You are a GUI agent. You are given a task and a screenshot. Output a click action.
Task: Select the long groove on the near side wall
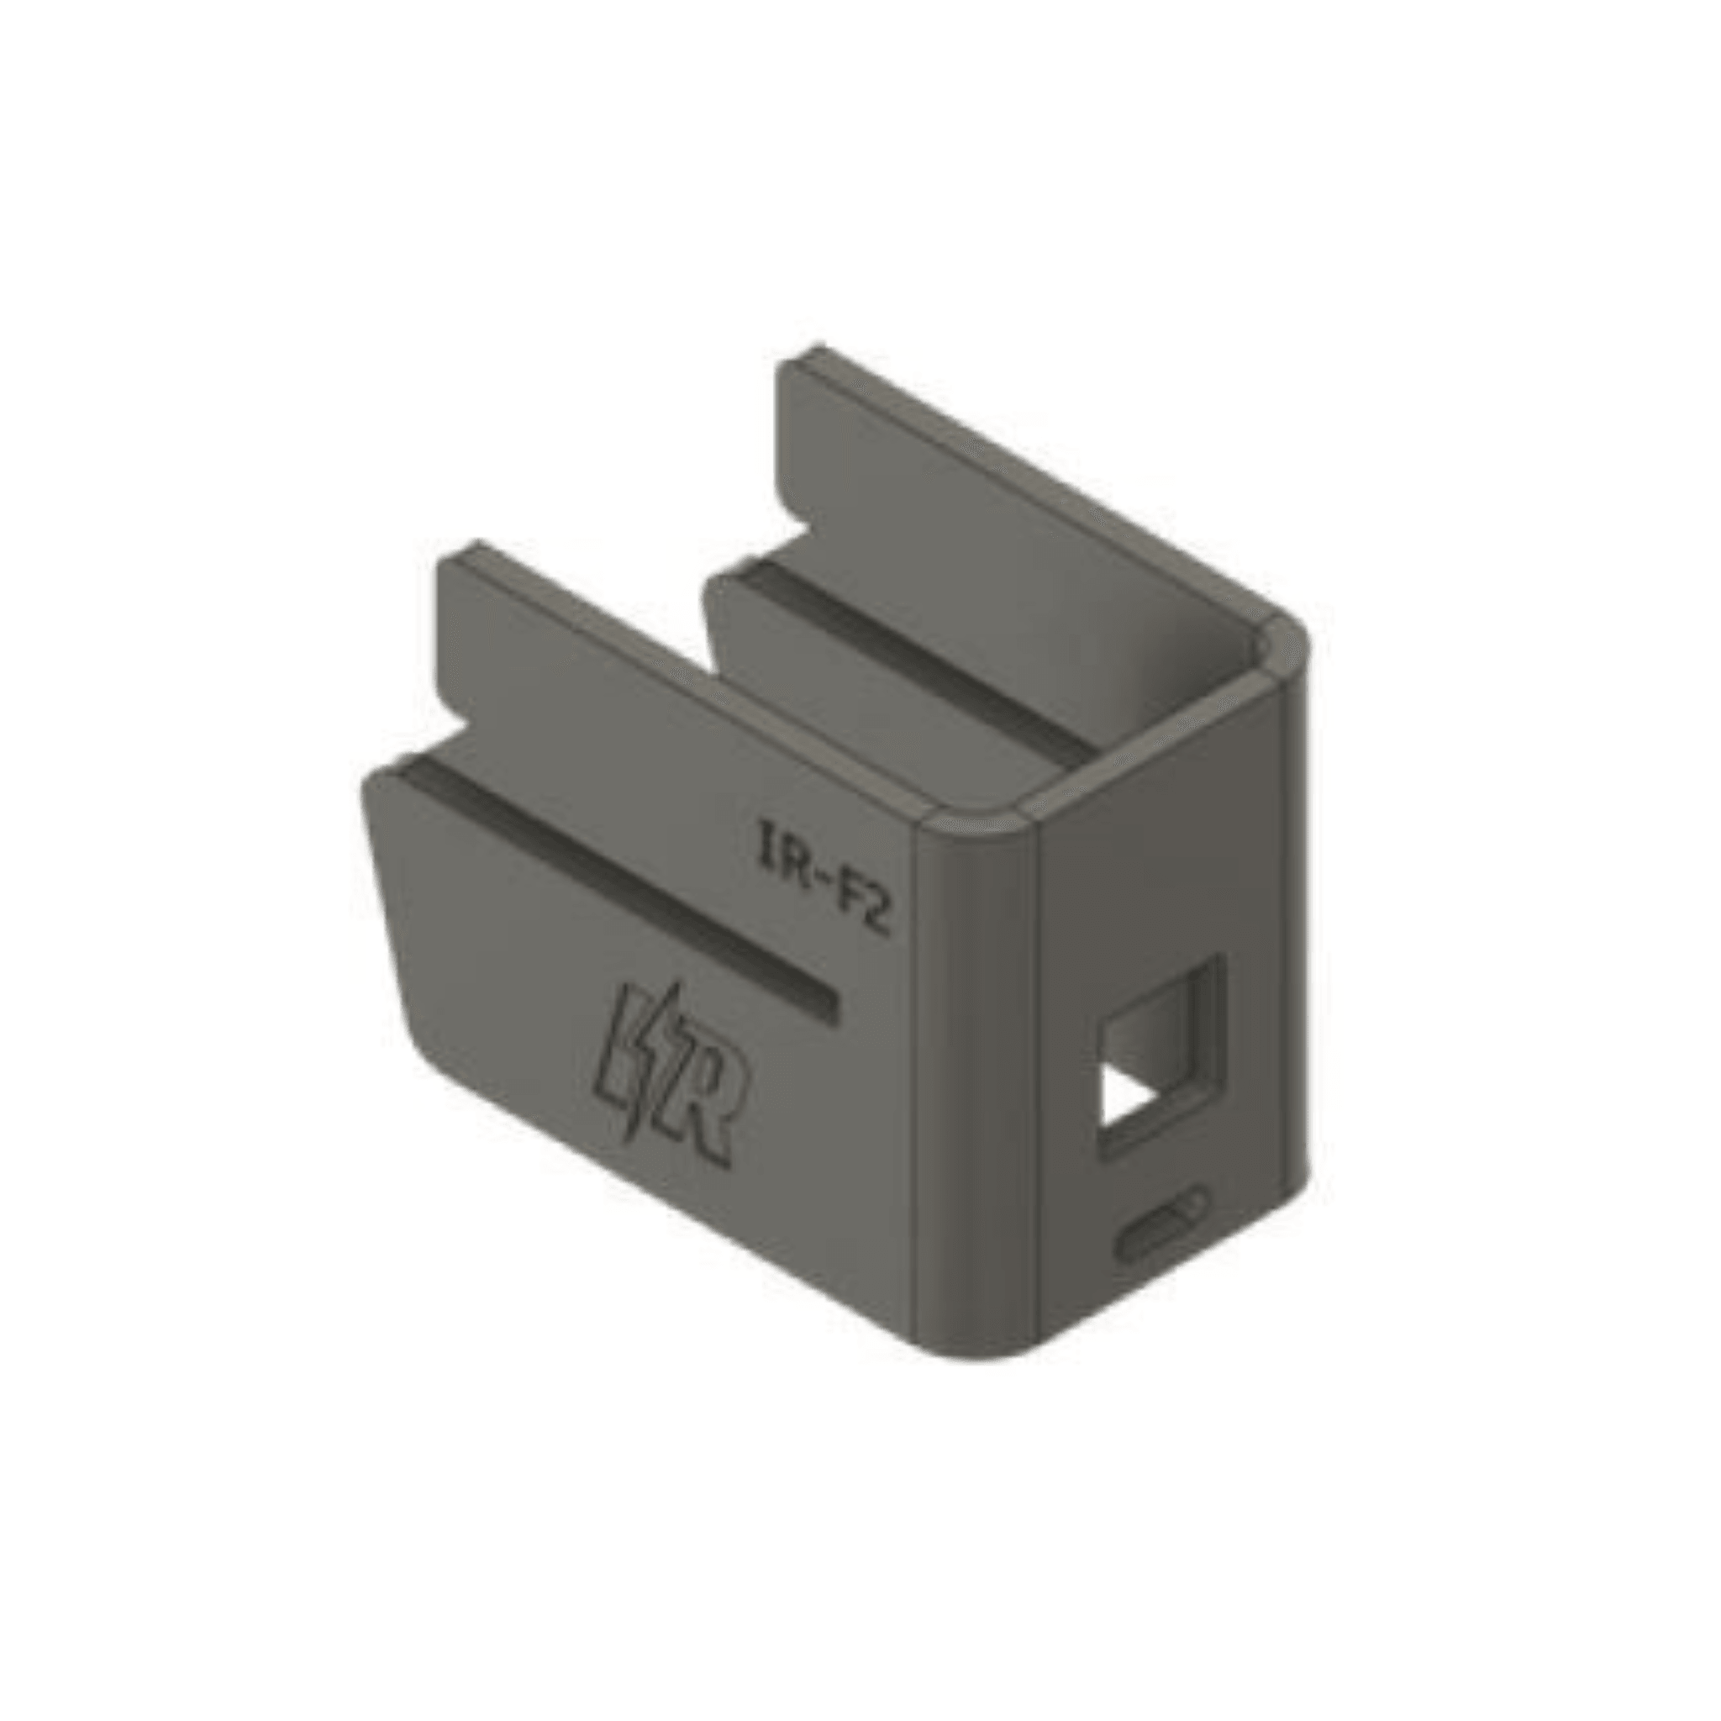tap(614, 891)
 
